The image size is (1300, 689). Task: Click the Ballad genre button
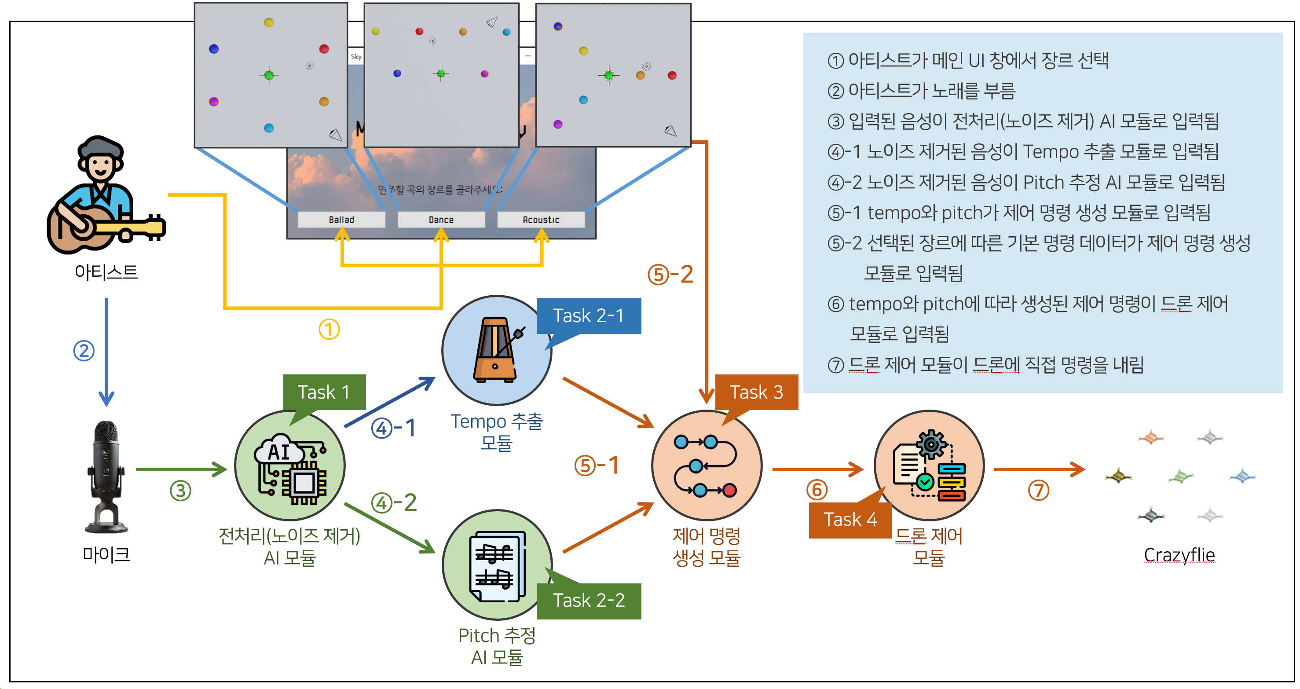click(342, 220)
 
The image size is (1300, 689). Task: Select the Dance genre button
click(441, 220)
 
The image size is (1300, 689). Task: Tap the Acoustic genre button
click(541, 220)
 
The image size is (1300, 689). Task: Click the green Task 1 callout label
click(324, 392)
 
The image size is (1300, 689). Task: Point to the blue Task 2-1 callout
click(589, 315)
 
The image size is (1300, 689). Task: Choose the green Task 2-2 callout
click(589, 601)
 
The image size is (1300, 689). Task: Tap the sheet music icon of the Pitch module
click(497, 565)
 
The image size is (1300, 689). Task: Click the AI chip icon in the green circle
click(291, 467)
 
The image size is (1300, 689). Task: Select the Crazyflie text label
click(1179, 555)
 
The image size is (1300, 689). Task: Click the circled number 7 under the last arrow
click(1038, 490)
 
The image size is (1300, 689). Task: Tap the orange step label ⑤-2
click(670, 275)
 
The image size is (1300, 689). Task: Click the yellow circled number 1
click(329, 330)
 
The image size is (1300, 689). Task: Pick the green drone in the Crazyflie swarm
click(1180, 476)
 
